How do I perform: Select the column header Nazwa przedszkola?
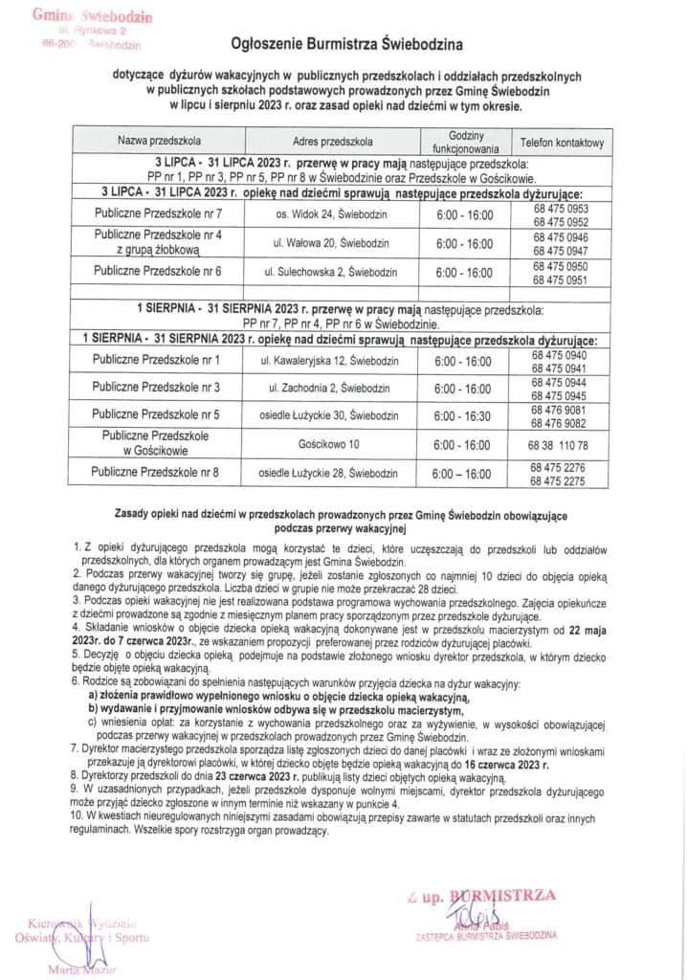160,142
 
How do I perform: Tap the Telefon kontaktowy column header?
562,143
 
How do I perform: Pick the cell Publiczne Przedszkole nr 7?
159,212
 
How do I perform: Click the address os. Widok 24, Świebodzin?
325,212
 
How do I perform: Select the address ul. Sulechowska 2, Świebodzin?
324,272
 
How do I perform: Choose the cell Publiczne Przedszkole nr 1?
157,360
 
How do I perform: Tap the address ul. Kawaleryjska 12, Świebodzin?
324,361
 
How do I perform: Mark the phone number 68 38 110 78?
562,445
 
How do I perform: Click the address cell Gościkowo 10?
326,445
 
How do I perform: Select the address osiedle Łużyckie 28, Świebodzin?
325,473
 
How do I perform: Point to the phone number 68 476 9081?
562,410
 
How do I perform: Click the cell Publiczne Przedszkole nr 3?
157,388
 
